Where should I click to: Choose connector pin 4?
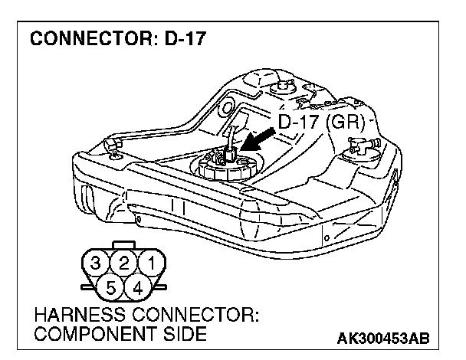(138, 289)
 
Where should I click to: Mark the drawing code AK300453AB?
(381, 338)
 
